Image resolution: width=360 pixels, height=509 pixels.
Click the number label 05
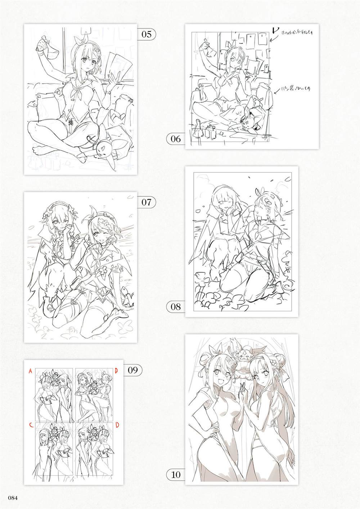pyautogui.click(x=146, y=35)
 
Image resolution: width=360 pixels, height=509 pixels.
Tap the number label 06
pyautogui.click(x=176, y=139)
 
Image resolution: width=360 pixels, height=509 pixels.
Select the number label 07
pyautogui.click(x=146, y=202)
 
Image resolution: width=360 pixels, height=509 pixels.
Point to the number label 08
pyautogui.click(x=176, y=307)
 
